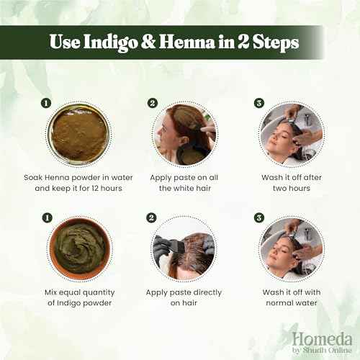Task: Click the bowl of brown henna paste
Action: (x=78, y=135)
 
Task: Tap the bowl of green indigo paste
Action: (x=78, y=248)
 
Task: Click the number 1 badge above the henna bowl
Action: (x=46, y=103)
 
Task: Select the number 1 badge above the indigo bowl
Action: (x=46, y=217)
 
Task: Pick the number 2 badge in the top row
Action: (x=152, y=103)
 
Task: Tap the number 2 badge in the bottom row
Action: (x=152, y=217)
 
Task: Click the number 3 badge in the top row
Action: (x=258, y=103)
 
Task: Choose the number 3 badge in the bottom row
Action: (x=258, y=217)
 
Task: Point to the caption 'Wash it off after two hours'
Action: (x=291, y=181)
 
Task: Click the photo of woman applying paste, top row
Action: (x=184, y=135)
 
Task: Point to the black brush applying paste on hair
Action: (x=173, y=246)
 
